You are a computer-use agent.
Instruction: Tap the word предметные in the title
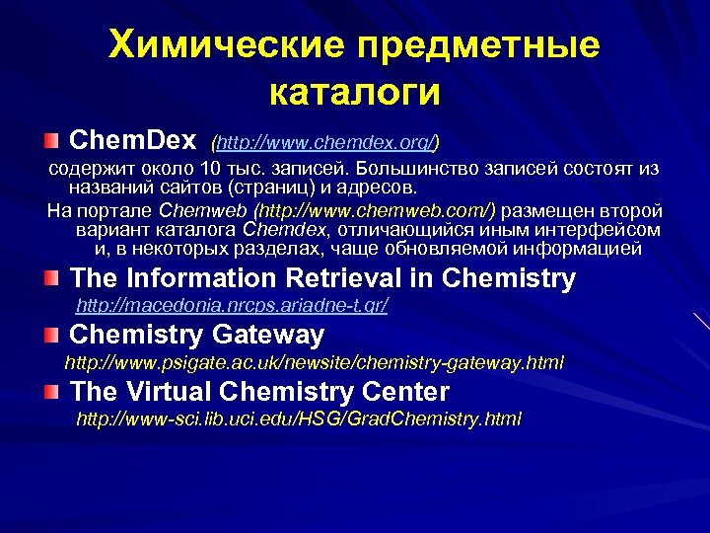(478, 45)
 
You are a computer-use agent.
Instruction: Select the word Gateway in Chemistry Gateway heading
(262, 336)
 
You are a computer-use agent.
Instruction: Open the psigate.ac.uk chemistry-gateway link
(315, 363)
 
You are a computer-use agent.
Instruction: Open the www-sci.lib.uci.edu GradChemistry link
(299, 419)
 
